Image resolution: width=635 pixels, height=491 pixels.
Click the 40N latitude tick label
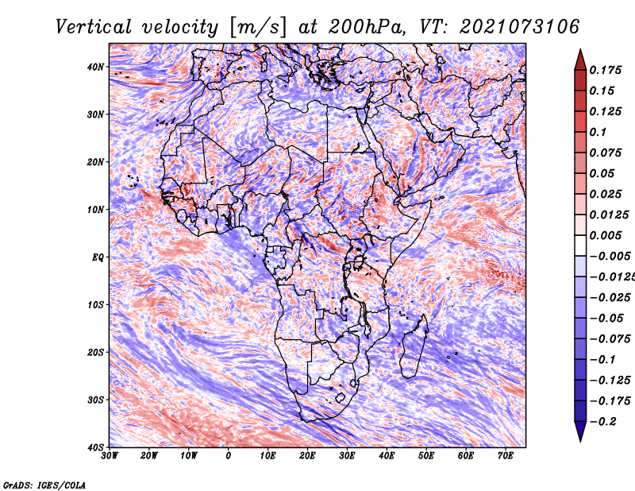click(95, 67)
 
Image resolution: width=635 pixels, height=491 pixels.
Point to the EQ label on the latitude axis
click(98, 257)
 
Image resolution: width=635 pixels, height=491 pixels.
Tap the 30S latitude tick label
click(95, 400)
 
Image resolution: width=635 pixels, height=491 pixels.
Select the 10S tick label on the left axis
click(95, 304)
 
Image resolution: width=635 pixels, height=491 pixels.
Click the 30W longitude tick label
click(110, 456)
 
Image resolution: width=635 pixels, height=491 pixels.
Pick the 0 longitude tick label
click(229, 456)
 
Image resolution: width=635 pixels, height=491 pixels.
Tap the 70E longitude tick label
click(506, 456)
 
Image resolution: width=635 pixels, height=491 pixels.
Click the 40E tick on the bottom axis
click(387, 456)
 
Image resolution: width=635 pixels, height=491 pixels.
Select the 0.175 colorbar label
click(605, 70)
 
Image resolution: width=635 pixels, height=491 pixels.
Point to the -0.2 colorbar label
click(602, 422)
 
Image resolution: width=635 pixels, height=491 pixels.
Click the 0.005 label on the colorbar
click(605, 235)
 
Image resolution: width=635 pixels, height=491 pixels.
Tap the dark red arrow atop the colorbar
click(580, 60)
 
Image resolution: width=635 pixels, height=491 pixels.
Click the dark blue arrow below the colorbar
click(580, 431)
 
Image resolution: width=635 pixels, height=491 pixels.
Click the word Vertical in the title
click(94, 27)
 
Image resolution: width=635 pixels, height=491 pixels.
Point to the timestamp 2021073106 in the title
click(519, 27)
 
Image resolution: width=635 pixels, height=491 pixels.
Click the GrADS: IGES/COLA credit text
click(44, 485)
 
